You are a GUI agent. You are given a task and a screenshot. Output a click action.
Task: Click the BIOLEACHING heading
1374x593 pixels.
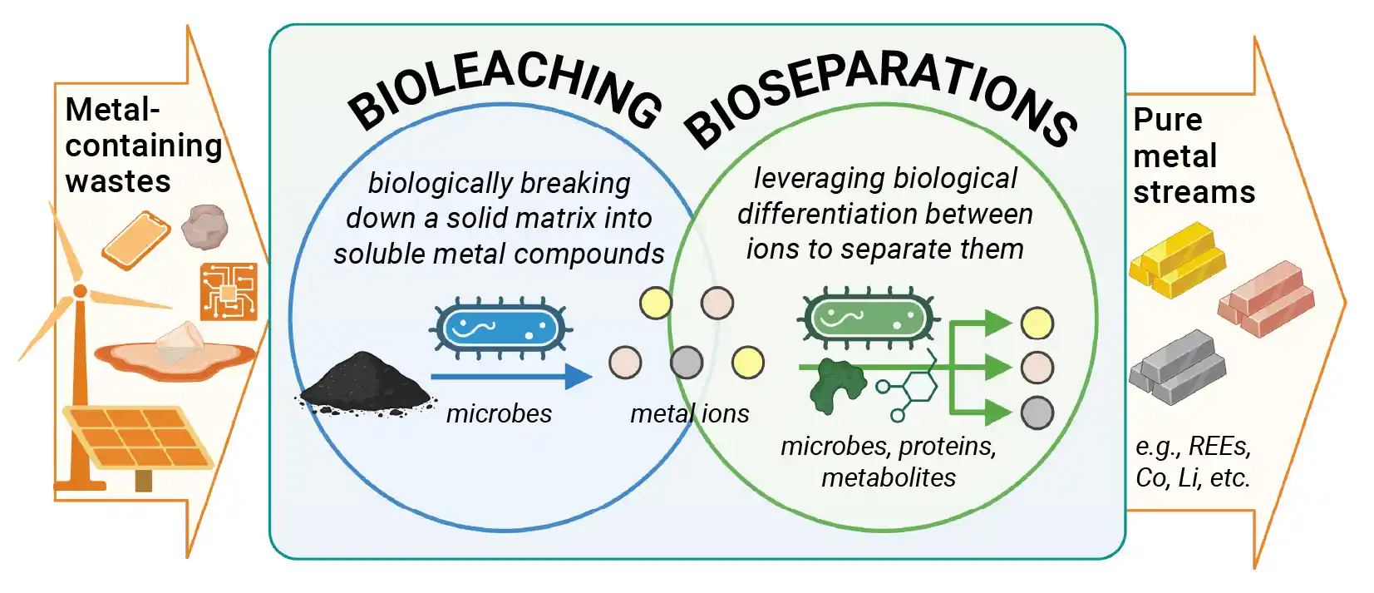coord(504,96)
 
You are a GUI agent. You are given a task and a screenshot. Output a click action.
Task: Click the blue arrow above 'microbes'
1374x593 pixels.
coord(510,377)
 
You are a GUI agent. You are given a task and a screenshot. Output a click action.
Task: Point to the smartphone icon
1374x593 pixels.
coord(136,240)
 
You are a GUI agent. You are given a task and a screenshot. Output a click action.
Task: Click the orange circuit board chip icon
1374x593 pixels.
coord(228,291)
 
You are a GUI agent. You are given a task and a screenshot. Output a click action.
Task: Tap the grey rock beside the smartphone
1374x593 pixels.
coord(204,225)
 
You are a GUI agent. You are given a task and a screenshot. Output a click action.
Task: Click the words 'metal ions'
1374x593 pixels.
coord(689,413)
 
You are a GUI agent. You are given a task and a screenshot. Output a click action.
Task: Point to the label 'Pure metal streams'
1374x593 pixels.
coord(1193,156)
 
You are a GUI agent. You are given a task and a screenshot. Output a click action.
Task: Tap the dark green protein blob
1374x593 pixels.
coord(835,385)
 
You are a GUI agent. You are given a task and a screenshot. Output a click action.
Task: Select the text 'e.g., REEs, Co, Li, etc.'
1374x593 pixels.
coord(1193,462)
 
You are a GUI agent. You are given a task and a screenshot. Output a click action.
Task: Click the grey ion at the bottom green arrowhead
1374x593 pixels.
coord(1037,413)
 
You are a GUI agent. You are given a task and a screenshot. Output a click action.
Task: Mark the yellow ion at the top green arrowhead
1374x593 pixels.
coord(1037,323)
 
